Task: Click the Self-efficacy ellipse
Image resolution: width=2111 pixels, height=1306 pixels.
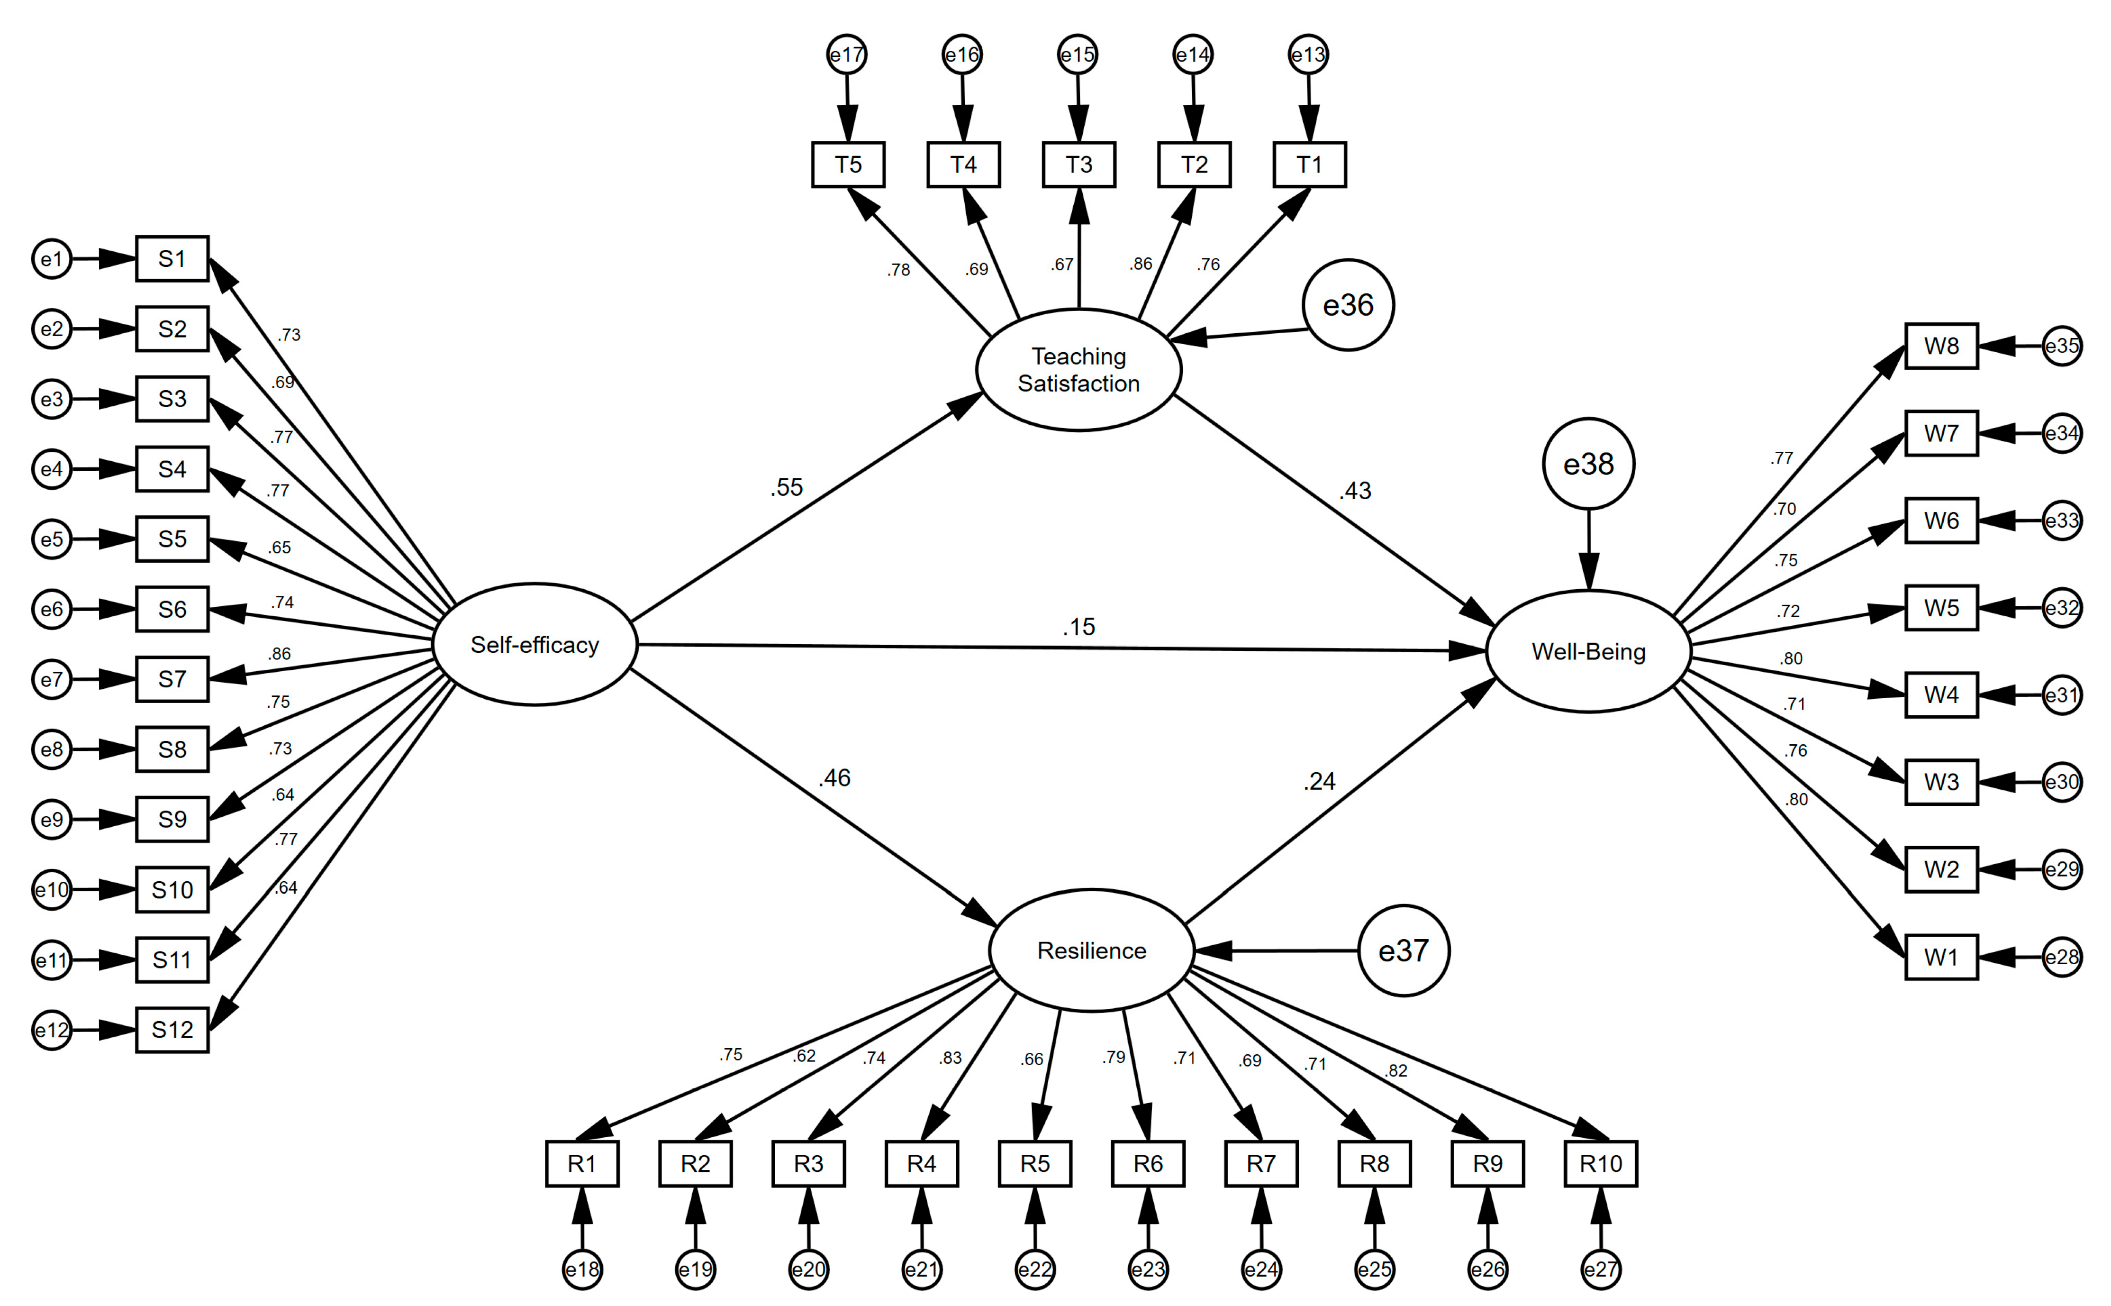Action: coord(535,644)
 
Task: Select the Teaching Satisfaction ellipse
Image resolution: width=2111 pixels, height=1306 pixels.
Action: coord(1078,370)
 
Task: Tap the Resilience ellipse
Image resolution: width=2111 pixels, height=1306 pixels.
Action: coord(1091,950)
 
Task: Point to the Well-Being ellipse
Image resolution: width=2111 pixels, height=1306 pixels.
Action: coord(1588,651)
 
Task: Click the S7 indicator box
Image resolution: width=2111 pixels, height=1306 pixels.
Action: coord(172,679)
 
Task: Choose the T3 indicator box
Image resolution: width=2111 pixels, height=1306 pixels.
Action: coord(1078,164)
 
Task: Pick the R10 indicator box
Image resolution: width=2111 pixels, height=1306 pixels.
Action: coord(1600,1163)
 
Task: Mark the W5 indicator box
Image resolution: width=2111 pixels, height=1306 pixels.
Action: coord(1941,608)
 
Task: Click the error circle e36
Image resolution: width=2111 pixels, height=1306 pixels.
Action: coord(1348,305)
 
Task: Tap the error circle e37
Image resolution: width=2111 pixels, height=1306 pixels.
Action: coord(1403,950)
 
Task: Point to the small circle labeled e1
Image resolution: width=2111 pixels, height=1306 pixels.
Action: coord(52,258)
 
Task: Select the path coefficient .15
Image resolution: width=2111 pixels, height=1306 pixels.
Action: coord(1078,626)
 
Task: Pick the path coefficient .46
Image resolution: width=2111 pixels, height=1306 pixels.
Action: coord(834,777)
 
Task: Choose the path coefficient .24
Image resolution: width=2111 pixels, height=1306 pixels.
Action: coord(1318,781)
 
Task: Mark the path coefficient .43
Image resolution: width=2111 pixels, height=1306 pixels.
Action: coord(1355,491)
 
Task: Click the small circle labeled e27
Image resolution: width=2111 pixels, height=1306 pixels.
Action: coord(1600,1269)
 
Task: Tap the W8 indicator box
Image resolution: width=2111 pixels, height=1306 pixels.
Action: coord(1941,346)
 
